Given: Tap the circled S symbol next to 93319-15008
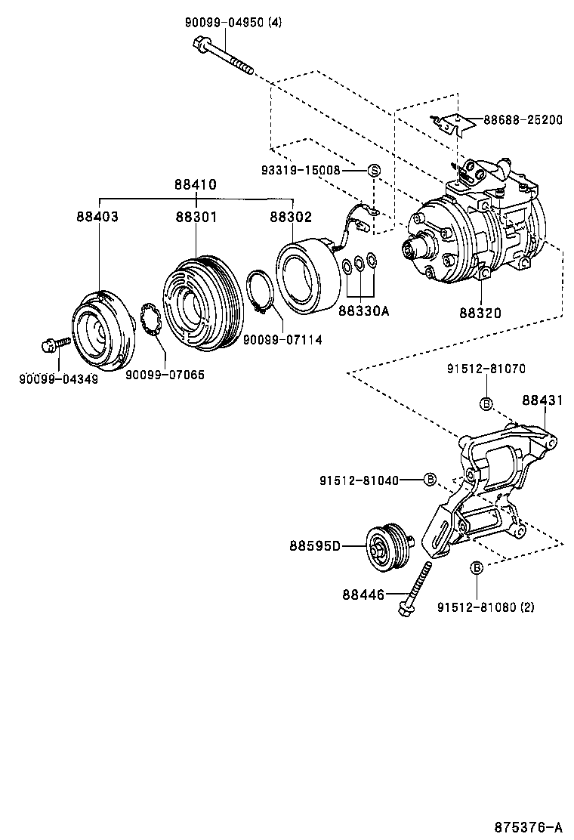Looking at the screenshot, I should coord(373,171).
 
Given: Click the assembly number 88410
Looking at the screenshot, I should coord(196,184).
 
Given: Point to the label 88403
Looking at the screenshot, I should coord(97,217).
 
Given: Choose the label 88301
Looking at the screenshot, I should coord(196,217).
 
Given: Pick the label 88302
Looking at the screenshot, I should coord(291,217).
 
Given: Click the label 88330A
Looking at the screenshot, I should coord(364,310).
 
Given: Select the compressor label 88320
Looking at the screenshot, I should coord(480,311).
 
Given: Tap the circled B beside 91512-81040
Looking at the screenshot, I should coord(430,480).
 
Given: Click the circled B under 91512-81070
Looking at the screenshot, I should coord(486,403).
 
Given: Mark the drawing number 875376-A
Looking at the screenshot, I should coord(529,826).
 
